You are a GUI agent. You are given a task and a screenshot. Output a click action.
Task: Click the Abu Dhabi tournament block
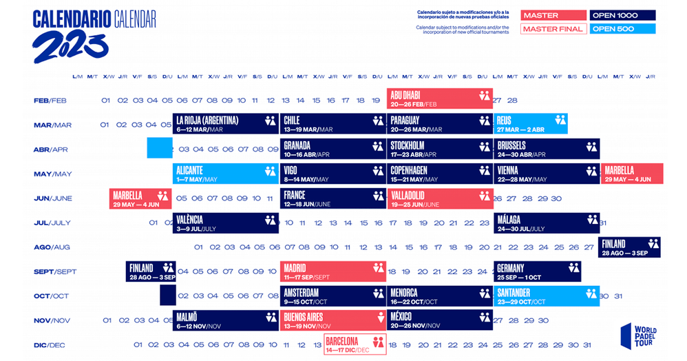tap(439, 99)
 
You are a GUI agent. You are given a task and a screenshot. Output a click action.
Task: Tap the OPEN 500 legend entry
tap(622, 29)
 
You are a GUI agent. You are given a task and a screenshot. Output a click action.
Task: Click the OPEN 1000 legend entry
tap(622, 15)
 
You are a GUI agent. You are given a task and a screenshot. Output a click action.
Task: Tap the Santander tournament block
tap(545, 296)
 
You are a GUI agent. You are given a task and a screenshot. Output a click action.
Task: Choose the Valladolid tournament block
tap(439, 198)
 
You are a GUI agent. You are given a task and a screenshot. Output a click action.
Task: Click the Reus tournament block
tap(530, 124)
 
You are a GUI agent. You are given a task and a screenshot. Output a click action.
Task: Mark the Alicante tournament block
tap(224, 174)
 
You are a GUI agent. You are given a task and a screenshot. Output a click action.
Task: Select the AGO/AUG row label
tap(52, 247)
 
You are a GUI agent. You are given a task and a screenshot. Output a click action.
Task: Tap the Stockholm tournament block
tap(439, 149)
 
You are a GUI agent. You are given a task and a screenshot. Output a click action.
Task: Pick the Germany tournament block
tap(537, 271)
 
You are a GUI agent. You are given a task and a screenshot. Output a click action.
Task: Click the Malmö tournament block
tap(224, 321)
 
